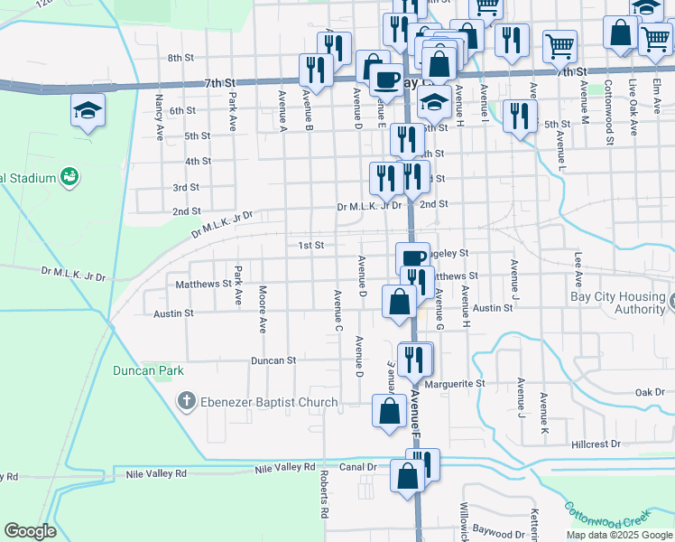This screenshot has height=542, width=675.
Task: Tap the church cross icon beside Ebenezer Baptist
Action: (187, 401)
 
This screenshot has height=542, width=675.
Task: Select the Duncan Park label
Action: (148, 370)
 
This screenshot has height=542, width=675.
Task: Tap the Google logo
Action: (30, 531)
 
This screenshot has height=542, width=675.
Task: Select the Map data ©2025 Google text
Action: (618, 535)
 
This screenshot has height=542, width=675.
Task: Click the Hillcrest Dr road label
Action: (597, 444)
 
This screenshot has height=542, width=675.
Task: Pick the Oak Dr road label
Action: (650, 393)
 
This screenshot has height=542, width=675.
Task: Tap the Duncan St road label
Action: (273, 360)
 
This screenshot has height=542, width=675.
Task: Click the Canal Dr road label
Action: (359, 467)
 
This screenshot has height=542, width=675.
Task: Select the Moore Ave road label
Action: (263, 309)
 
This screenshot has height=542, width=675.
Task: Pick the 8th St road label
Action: (180, 58)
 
